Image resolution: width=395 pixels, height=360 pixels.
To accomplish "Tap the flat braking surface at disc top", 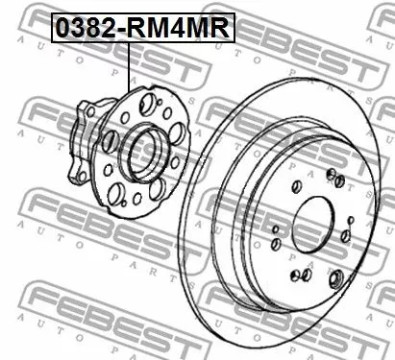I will [x=308, y=106].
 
